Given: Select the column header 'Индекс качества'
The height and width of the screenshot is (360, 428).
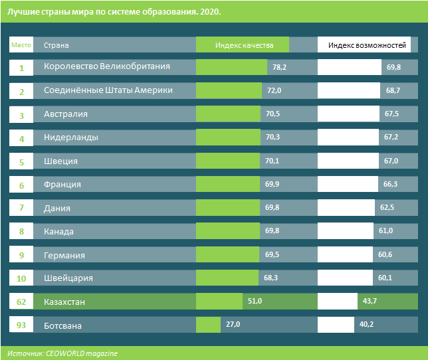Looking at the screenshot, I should [243, 45].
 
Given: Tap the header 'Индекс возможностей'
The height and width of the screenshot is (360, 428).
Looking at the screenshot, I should [367, 45].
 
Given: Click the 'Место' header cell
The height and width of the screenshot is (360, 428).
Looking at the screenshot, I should [21, 45].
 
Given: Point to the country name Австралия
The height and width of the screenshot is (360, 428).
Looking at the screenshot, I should [66, 114].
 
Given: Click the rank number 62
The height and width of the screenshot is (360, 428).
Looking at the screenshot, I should [21, 302].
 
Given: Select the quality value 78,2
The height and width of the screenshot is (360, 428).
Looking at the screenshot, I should [279, 68].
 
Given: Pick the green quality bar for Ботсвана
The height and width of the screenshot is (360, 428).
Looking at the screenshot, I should [208, 325].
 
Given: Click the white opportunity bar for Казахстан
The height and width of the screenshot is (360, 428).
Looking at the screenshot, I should [338, 302].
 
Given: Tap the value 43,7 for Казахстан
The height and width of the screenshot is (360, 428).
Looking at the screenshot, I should [370, 302].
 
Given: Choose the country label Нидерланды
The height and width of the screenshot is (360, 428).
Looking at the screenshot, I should [71, 137].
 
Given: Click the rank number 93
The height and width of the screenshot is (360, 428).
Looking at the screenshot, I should [21, 325].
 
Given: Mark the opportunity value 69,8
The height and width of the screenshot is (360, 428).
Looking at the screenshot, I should [393, 68].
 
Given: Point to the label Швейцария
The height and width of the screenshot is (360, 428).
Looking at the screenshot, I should [68, 278].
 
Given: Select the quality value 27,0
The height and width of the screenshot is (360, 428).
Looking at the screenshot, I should [233, 325].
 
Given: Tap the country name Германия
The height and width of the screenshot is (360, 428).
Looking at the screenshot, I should [64, 255].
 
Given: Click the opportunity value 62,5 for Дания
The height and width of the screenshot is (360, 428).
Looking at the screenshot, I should [387, 208].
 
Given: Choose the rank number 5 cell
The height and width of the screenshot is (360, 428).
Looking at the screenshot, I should [21, 161].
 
